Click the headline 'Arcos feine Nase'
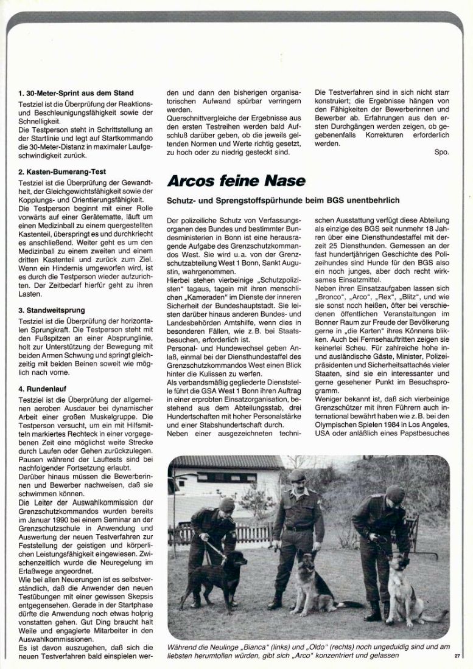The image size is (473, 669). click(x=236, y=181)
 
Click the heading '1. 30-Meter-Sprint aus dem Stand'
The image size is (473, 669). click(x=75, y=93)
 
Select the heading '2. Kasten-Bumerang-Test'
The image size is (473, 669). click(x=61, y=172)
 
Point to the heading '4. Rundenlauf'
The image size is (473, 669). click(x=43, y=387)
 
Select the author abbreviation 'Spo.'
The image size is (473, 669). click(x=441, y=152)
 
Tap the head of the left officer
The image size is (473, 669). click(x=226, y=506)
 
